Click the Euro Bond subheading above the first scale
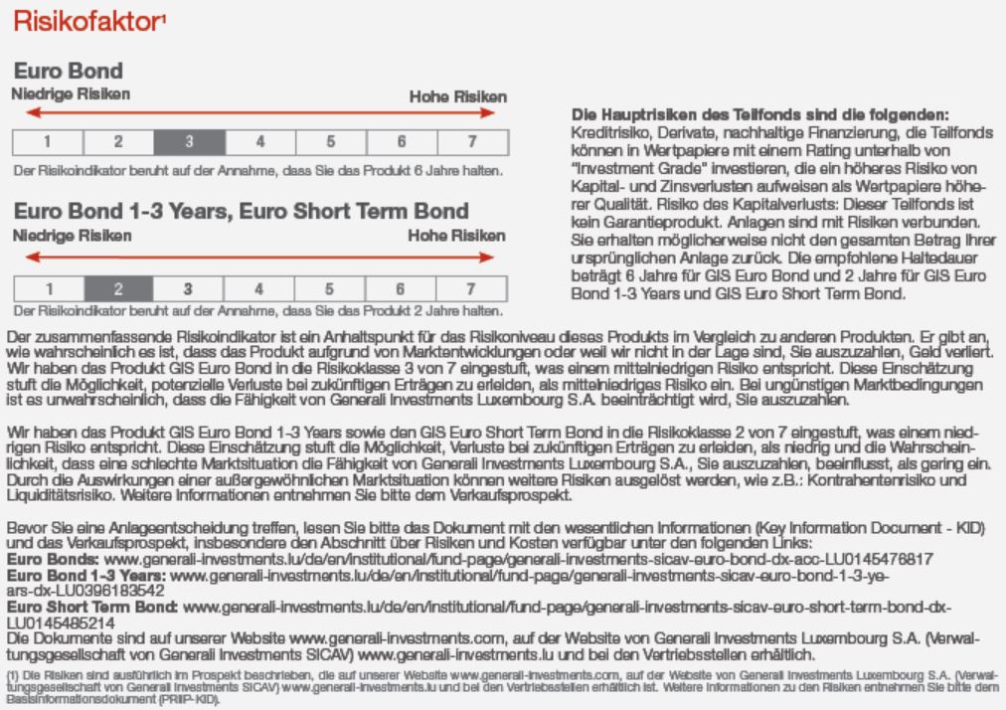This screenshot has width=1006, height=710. click(x=68, y=72)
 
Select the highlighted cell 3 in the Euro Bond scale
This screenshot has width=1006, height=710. click(x=188, y=141)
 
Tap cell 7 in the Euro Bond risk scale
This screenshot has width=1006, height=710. click(x=472, y=141)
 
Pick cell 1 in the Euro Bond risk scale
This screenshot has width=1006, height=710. click(x=46, y=141)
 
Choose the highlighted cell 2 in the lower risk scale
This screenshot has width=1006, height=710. click(x=117, y=289)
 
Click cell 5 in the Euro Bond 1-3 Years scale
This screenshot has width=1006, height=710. click(x=330, y=289)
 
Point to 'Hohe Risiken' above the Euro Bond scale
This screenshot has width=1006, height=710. click(x=458, y=96)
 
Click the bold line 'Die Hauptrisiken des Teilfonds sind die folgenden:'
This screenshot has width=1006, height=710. click(x=760, y=115)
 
